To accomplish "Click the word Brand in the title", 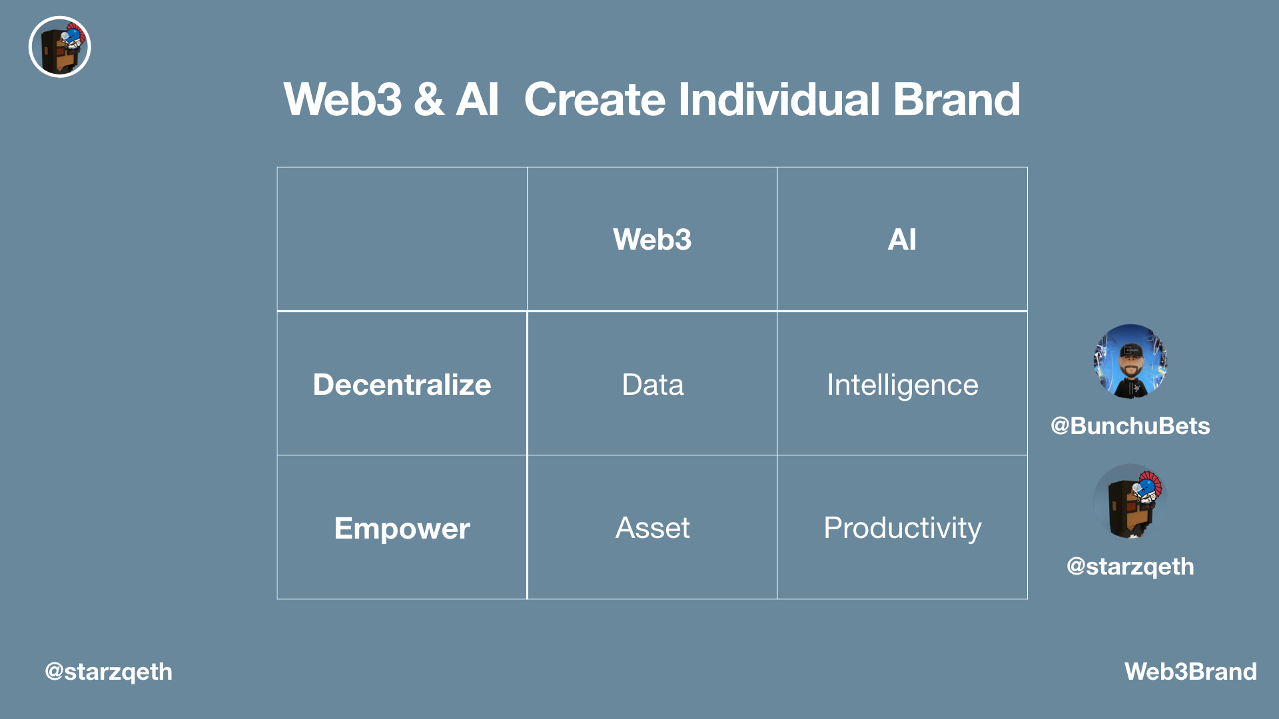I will coord(956,100).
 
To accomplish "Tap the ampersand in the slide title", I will coord(428,100).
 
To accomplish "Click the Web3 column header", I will coord(652,240).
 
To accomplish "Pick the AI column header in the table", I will coord(902,240).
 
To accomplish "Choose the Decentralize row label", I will coord(402,385).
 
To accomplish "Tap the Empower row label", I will coord(402,529).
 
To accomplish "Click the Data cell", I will coord(652,385).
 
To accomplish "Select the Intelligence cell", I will coord(902,385).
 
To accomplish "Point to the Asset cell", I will coord(652,528).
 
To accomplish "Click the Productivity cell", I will coord(902,528).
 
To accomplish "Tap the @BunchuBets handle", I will coord(1130,426).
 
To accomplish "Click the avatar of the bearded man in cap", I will coord(1130,361).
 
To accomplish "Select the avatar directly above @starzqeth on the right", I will coord(1130,501).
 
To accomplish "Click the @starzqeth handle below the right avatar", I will coord(1130,567).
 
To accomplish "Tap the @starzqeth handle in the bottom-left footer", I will coord(109,672).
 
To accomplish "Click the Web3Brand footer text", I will coord(1190,672).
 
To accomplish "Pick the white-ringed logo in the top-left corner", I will coord(60,47).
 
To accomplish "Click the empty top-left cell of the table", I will coord(402,239).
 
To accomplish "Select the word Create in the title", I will coord(595,100).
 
